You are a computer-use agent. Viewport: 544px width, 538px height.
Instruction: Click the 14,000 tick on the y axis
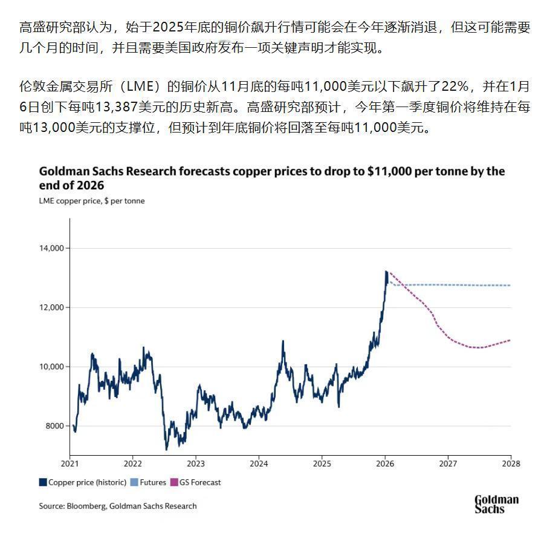click(52, 248)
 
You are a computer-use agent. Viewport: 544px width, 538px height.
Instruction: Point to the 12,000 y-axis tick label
click(52, 307)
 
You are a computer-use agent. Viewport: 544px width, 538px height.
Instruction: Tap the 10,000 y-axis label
click(52, 367)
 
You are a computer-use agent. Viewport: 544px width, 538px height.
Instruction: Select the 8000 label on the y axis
click(54, 426)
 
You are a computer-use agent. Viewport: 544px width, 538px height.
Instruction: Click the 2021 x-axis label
click(70, 464)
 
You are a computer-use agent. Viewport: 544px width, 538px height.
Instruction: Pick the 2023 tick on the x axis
click(196, 464)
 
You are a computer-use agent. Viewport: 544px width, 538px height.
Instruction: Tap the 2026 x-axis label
click(384, 464)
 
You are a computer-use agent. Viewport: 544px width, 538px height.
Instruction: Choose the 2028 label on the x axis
click(511, 464)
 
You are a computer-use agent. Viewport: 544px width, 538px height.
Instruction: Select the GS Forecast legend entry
click(200, 482)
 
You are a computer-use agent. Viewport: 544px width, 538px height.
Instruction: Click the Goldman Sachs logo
click(496, 504)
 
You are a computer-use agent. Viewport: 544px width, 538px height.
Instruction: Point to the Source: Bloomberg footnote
click(118, 506)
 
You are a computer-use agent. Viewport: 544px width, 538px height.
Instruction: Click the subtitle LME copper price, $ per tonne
click(92, 200)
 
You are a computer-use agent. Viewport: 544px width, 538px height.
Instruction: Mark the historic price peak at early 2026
click(386, 272)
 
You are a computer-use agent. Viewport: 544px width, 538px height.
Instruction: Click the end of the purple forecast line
click(510, 340)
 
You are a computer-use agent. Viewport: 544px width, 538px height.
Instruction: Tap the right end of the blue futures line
click(510, 285)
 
